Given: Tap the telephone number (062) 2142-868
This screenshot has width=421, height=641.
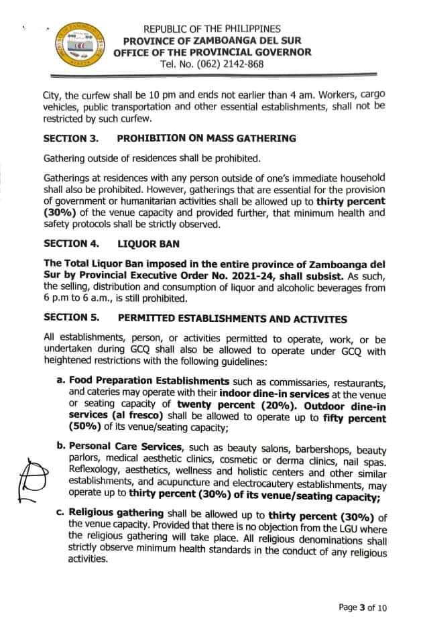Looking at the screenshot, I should click(213, 64).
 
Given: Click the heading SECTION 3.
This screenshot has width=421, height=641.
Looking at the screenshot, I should click(71, 139).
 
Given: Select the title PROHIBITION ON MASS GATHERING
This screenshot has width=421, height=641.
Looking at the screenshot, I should click(206, 139).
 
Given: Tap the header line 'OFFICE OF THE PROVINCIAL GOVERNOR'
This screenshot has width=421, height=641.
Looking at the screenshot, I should click(213, 52).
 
